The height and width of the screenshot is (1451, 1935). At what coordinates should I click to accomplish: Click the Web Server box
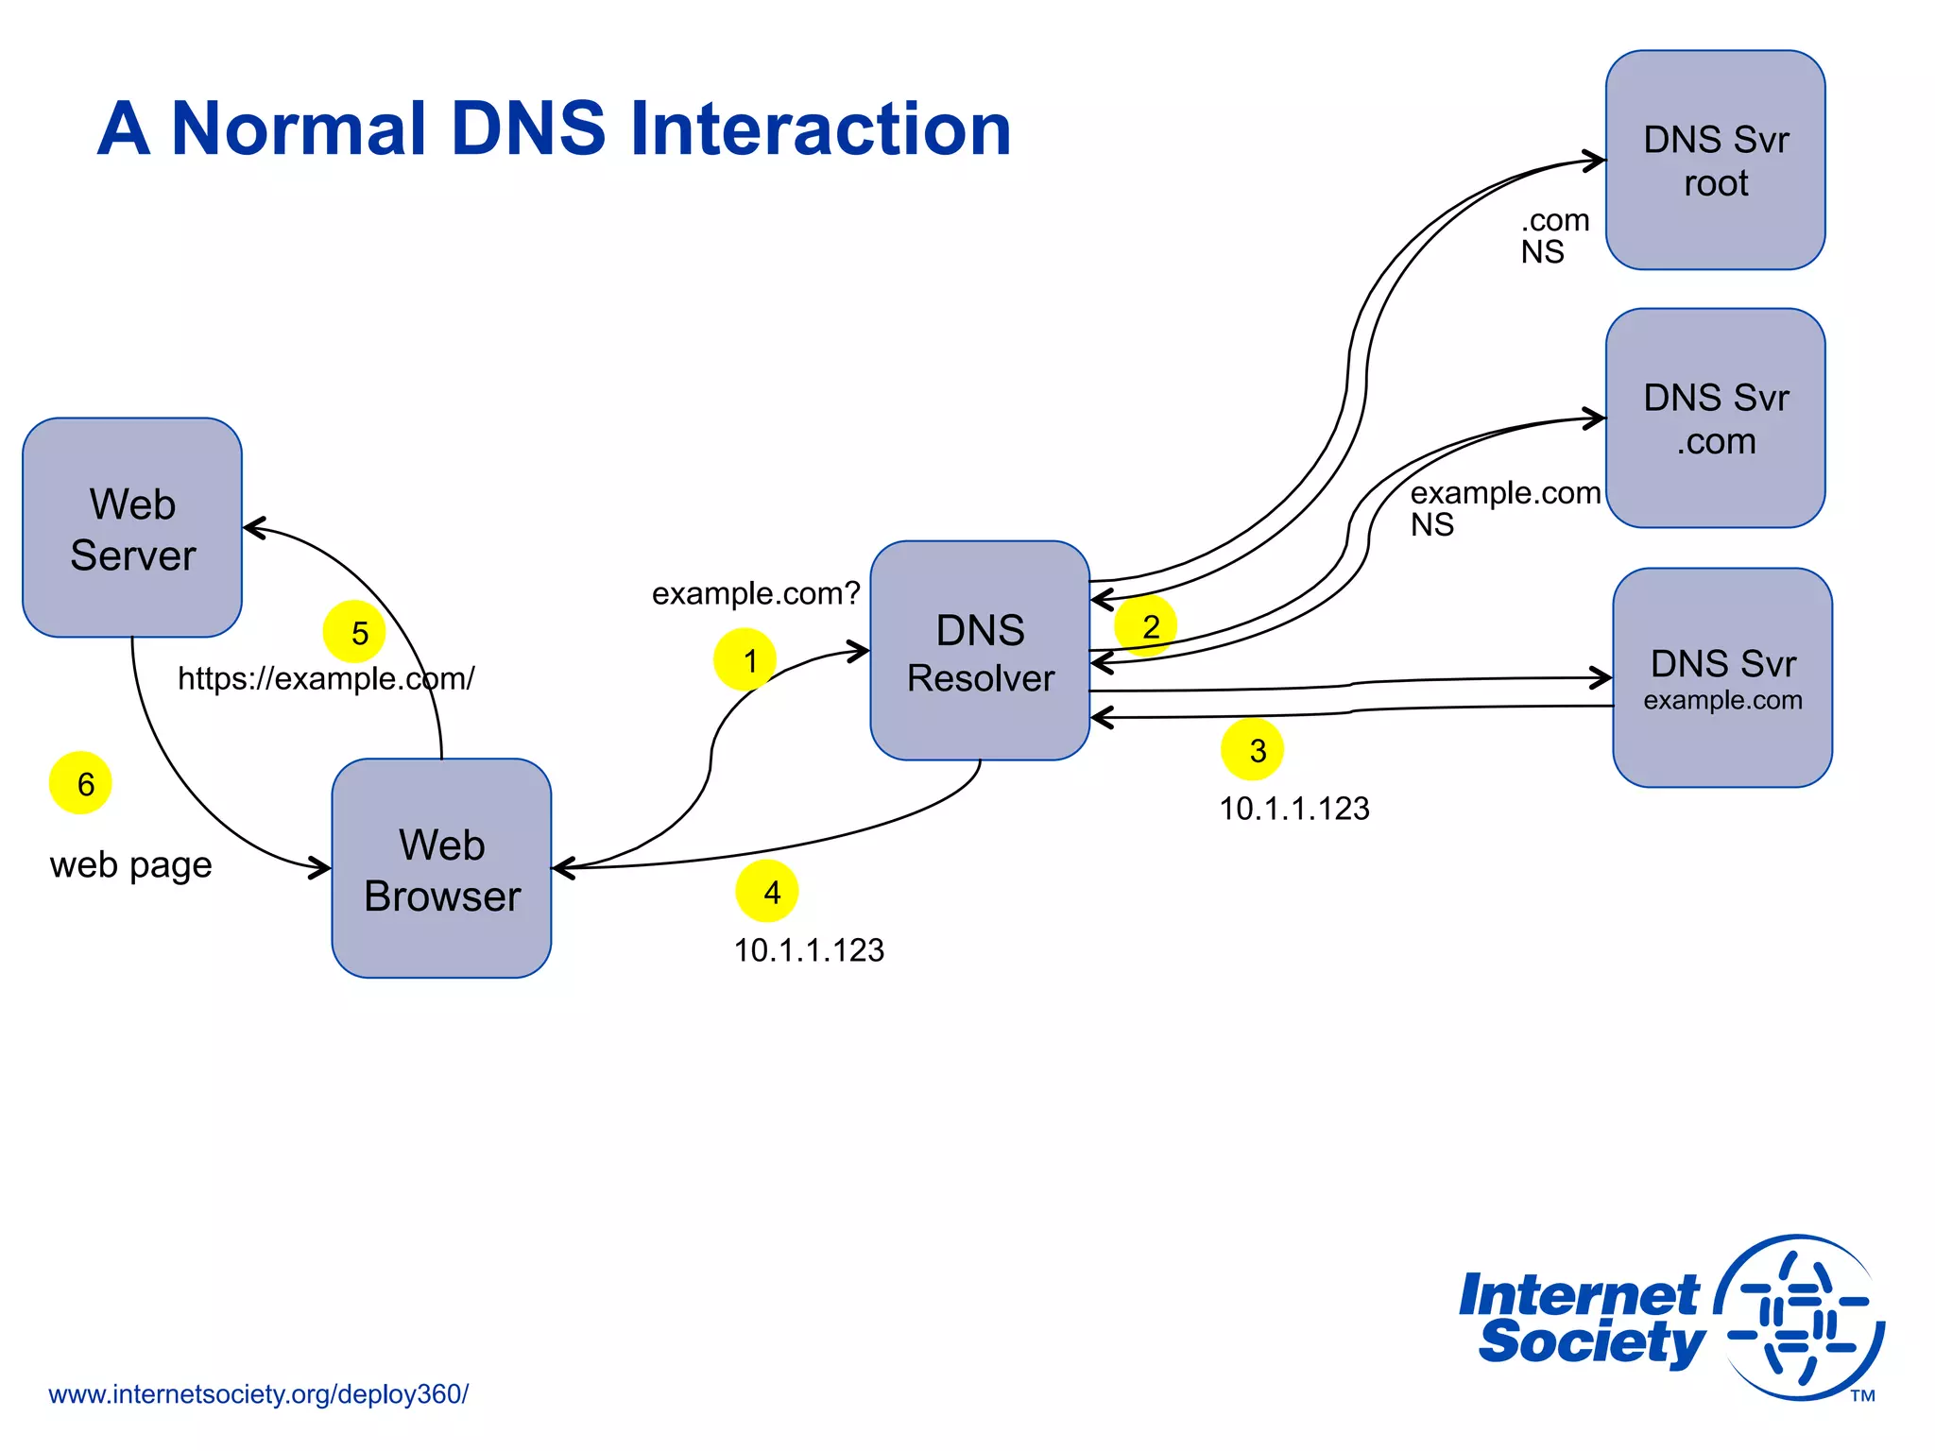coord(132,527)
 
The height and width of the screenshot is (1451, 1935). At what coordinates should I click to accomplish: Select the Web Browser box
coord(441,868)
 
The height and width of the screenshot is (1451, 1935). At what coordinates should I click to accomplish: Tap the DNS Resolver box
coord(980,651)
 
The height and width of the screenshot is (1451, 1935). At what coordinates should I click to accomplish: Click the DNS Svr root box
coord(1715,161)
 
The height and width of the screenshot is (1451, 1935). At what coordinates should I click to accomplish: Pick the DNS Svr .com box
coord(1715,418)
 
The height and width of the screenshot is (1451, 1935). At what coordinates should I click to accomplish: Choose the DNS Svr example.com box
coord(1721,677)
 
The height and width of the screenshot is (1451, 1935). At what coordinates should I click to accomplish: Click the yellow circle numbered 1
coord(745,659)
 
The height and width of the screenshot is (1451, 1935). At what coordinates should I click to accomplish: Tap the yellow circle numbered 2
coord(1146,625)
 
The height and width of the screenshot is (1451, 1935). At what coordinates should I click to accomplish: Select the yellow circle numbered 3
coord(1252,750)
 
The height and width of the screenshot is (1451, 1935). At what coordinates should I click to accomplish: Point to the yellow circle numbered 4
coord(767,891)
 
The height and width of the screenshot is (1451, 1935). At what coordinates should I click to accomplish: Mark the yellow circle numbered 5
coord(354,632)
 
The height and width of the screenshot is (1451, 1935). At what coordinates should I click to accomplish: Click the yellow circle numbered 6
coord(80,783)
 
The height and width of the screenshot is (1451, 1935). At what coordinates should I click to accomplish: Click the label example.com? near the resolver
coord(756,593)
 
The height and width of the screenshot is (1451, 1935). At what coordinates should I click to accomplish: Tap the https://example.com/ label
coord(326,678)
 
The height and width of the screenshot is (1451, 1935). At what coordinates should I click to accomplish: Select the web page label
coord(130,864)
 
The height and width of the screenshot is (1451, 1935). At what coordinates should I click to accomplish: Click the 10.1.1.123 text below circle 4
coord(809,950)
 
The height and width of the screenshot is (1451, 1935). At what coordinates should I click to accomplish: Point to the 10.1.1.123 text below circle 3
coord(1293,809)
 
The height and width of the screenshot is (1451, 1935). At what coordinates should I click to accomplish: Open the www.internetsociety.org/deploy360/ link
coord(258,1394)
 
